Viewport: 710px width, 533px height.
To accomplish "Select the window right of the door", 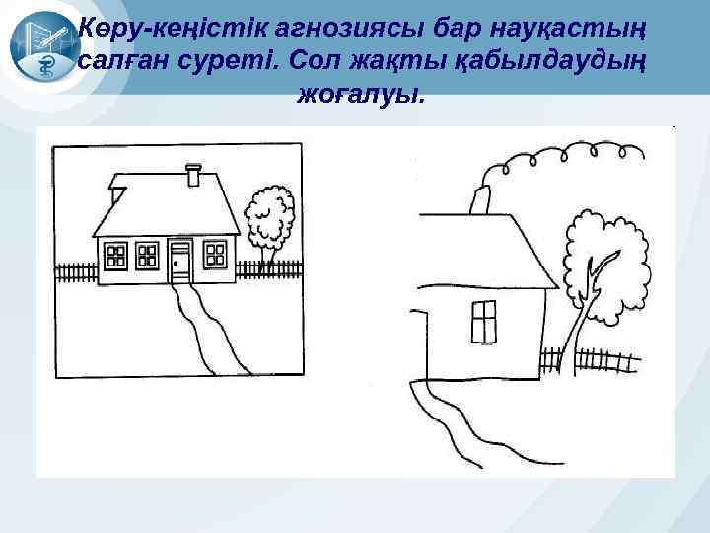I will pyautogui.click(x=215, y=255).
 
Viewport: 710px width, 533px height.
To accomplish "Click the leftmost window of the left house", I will pyautogui.click(x=116, y=256).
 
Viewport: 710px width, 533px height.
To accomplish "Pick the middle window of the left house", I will pyautogui.click(x=147, y=256).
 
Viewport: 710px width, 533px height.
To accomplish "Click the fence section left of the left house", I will pyautogui.click(x=74, y=271).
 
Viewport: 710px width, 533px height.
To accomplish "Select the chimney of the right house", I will pyautogui.click(x=482, y=198).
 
